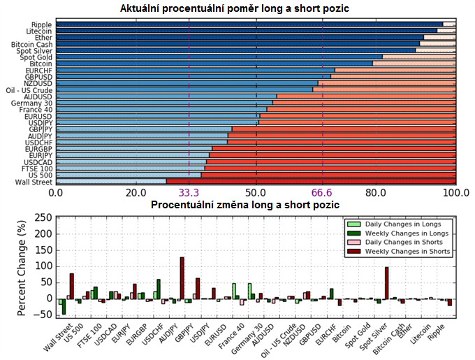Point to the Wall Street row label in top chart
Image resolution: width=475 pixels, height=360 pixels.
(x=34, y=182)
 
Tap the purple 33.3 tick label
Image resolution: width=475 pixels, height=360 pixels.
(x=189, y=192)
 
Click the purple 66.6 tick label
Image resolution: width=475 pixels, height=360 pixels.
(x=323, y=192)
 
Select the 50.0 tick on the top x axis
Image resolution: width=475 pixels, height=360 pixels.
(x=256, y=192)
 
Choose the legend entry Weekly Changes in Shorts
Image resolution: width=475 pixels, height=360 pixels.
(x=412, y=250)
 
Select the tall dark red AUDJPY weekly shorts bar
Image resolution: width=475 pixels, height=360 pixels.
(x=182, y=278)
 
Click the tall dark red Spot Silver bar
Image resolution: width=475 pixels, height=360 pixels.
(x=386, y=282)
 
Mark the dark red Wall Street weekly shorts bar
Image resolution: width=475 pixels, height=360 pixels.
(x=71, y=286)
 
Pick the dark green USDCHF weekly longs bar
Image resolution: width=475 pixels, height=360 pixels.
(x=159, y=289)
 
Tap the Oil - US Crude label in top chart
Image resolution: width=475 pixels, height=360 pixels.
(x=29, y=90)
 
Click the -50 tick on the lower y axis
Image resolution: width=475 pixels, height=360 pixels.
(x=45, y=315)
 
